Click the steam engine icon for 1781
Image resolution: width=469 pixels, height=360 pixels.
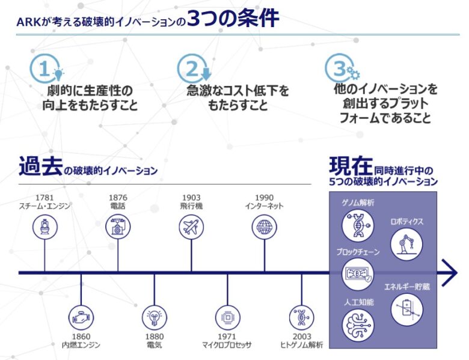coord(44,227)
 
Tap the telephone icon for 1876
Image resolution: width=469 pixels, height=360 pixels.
coord(118,227)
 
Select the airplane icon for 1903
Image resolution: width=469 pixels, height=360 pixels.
coord(191,227)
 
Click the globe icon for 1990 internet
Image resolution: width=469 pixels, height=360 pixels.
coord(264,227)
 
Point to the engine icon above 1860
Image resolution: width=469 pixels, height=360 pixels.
coord(81,316)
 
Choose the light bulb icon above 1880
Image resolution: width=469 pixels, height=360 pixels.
coord(155,316)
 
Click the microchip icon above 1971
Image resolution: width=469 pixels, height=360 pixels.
coord(228,316)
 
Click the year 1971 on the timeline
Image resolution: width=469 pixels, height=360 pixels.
coord(227,336)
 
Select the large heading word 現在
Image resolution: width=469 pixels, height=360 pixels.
coord(351,165)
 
